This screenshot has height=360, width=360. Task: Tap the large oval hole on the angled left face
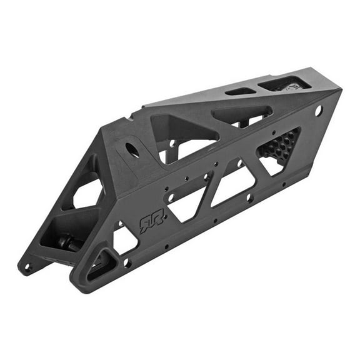coord(132,150)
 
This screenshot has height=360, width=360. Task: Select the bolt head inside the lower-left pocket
coord(67,241)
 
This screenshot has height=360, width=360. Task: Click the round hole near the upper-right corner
coord(319,111)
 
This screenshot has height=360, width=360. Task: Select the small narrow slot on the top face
coord(240,91)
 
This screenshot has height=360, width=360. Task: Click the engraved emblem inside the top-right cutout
coord(289,86)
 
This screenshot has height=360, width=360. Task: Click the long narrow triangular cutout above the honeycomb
coord(241,114)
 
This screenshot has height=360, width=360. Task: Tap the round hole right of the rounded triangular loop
coord(127,262)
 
